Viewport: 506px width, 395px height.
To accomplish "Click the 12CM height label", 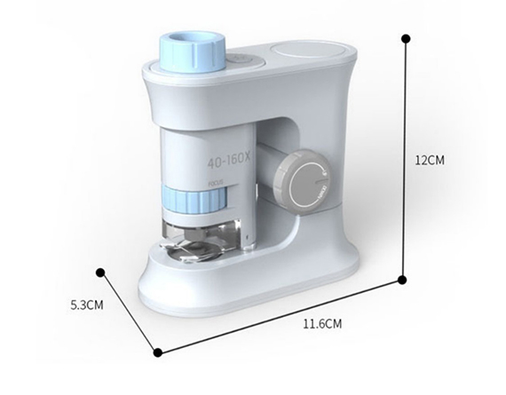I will pyautogui.click(x=431, y=161).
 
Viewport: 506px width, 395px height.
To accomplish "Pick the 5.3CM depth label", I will pyautogui.click(x=87, y=305).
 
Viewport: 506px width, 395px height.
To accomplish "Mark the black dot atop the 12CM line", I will pyautogui.click(x=406, y=39).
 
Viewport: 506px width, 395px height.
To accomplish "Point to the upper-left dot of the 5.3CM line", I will pyautogui.click(x=101, y=273).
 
